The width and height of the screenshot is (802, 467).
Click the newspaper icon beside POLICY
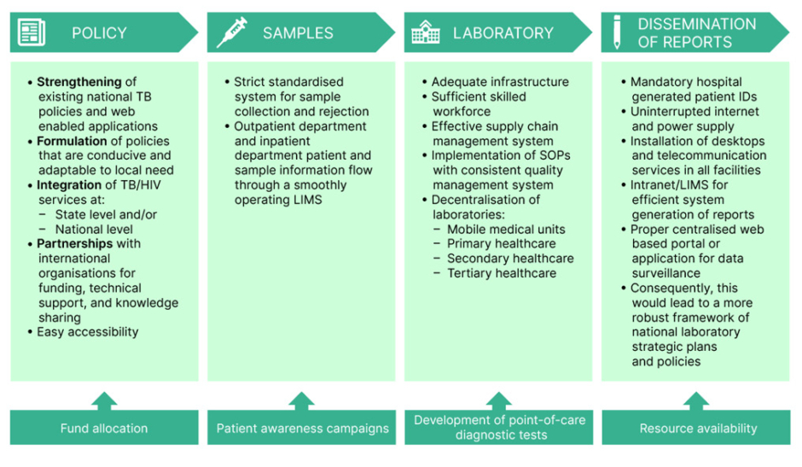(32, 33)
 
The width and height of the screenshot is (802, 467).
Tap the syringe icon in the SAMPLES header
(231, 33)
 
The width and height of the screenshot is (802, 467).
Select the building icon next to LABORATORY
(426, 33)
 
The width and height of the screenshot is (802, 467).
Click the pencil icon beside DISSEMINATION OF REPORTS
(617, 32)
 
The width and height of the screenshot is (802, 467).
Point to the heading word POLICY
(99, 33)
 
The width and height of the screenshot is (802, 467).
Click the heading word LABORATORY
(503, 33)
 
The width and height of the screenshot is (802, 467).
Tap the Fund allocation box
(104, 429)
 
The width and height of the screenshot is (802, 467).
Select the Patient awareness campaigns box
(302, 429)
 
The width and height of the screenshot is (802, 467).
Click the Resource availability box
(697, 429)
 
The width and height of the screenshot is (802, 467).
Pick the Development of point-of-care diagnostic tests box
(499, 428)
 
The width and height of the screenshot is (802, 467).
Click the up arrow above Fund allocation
(104, 400)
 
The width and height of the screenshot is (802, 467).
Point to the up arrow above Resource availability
(696, 400)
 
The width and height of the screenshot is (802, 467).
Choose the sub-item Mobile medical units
(506, 229)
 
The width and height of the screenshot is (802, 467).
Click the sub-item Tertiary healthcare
(502, 273)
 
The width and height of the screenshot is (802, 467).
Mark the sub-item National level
(94, 229)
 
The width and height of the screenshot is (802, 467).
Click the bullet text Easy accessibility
(87, 332)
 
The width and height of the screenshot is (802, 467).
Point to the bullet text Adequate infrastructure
(500, 82)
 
